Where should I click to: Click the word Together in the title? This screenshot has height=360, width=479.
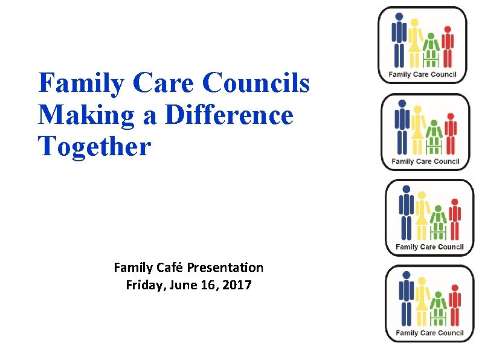pyautogui.click(x=94, y=146)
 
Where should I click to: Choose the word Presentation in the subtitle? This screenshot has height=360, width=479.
pyautogui.click(x=225, y=267)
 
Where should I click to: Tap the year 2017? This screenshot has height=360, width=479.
pyautogui.click(x=237, y=285)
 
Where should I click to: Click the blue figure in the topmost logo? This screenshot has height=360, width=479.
pyautogui.click(x=399, y=39)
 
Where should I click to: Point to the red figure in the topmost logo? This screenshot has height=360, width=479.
pyautogui.click(x=447, y=47)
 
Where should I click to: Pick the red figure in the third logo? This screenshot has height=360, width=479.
pyautogui.click(x=454, y=220)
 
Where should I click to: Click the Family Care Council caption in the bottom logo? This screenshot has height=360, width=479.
pyautogui.click(x=429, y=333)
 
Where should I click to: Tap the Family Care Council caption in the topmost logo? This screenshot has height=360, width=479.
pyautogui.click(x=423, y=75)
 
